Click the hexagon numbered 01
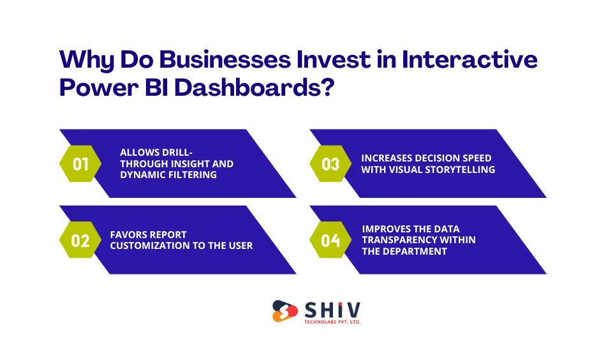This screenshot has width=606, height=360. [x=80, y=164]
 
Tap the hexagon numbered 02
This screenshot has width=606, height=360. [x=80, y=241]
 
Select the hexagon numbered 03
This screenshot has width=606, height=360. [x=330, y=164]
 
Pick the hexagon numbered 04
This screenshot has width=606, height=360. [x=330, y=241]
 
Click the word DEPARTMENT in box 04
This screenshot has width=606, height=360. [x=417, y=251]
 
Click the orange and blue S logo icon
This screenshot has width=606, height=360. [x=285, y=311]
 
